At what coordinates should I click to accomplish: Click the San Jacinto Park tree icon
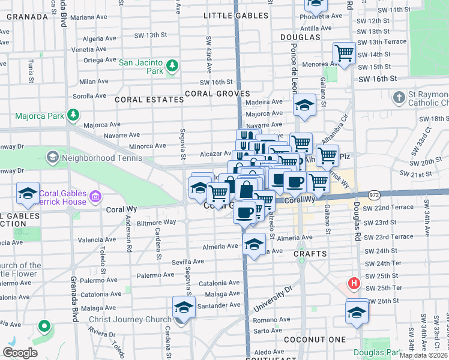click(172, 65)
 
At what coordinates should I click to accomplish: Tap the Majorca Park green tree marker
click(73, 113)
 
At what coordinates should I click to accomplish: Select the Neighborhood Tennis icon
click(52, 158)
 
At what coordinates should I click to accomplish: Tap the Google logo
click(20, 353)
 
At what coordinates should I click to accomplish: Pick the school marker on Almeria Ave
click(254, 243)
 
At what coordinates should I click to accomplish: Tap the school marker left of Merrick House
click(28, 193)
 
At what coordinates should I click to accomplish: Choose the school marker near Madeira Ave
click(305, 105)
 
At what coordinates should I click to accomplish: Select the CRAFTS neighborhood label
click(310, 254)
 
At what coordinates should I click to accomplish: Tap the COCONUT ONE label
click(321, 340)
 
